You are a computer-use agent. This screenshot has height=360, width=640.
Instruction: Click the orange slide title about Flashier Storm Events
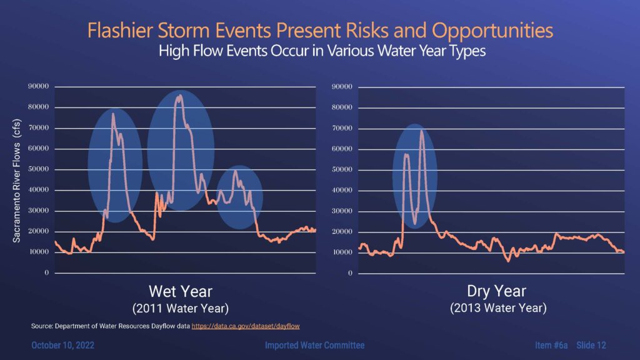click(320, 30)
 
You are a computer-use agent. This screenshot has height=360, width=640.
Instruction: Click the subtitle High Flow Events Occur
click(322, 51)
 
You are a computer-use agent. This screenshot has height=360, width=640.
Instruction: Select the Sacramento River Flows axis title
click(16, 181)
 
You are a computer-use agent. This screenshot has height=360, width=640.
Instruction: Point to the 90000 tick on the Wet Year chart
click(38, 86)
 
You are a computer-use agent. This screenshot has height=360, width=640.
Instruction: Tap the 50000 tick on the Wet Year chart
click(38, 169)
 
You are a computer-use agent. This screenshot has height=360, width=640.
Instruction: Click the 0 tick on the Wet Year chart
click(46, 272)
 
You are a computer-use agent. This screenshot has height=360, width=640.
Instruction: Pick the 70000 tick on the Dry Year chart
click(342, 128)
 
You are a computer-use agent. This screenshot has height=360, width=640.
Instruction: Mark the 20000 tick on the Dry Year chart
click(342, 231)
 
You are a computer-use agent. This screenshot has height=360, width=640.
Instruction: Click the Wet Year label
click(181, 291)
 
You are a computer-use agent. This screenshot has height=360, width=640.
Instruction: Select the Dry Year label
click(496, 291)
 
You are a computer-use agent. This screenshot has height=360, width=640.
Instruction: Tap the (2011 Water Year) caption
click(181, 308)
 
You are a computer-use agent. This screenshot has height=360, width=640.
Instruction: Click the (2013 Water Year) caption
click(498, 307)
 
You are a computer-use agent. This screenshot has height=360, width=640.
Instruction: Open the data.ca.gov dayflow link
click(246, 326)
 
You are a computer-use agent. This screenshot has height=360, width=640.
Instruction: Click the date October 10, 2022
click(63, 345)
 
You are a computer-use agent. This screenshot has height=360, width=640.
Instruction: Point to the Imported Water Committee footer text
click(315, 345)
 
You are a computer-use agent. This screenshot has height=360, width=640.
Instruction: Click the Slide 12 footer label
click(591, 345)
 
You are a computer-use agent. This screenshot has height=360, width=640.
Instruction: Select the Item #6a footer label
click(551, 345)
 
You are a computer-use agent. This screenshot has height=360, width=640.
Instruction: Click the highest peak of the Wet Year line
click(179, 96)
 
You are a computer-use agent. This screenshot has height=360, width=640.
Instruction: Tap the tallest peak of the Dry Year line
click(422, 131)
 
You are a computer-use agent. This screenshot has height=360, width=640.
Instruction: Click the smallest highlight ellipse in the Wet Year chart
click(239, 197)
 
